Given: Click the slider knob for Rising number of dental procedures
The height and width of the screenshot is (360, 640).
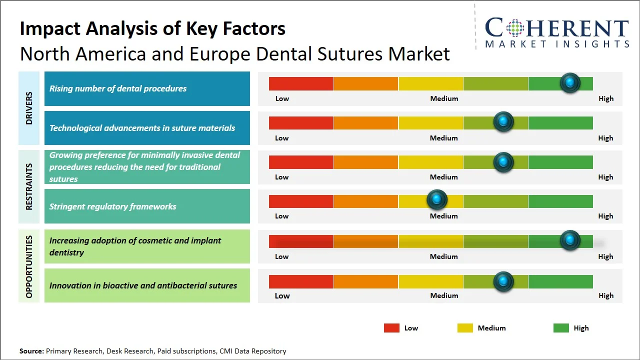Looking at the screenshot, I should pyautogui.click(x=569, y=83).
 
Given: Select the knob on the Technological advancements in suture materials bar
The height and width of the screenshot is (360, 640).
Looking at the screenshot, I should pyautogui.click(x=503, y=122).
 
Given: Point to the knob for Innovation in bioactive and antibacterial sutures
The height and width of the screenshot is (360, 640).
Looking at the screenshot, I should pyautogui.click(x=503, y=282).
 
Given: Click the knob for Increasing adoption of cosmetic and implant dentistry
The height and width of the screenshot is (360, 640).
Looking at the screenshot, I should pyautogui.click(x=569, y=240).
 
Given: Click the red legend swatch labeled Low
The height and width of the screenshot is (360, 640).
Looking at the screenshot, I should pyautogui.click(x=391, y=328).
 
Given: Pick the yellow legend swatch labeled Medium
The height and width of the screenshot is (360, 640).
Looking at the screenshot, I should pyautogui.click(x=465, y=328).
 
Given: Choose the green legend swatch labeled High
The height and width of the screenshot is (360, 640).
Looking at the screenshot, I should pyautogui.click(x=561, y=328).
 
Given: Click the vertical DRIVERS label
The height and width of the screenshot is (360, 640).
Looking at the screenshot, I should pyautogui.click(x=29, y=108).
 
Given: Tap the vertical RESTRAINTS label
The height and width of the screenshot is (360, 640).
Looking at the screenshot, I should pyautogui.click(x=29, y=186).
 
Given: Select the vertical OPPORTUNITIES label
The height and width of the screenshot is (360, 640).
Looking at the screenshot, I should pyautogui.click(x=29, y=266).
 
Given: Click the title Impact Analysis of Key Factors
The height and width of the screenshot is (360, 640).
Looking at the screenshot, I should pyautogui.click(x=152, y=28).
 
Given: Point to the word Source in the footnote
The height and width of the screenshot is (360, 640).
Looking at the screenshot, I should pyautogui.click(x=31, y=351).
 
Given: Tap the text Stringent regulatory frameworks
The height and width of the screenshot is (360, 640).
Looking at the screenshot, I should pyautogui.click(x=112, y=206).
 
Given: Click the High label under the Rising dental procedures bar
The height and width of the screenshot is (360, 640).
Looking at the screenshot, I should pyautogui.click(x=605, y=98).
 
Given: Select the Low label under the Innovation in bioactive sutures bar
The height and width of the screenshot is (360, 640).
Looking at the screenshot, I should pyautogui.click(x=282, y=295).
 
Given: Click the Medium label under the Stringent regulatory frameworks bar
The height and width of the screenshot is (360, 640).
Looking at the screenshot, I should pyautogui.click(x=443, y=216).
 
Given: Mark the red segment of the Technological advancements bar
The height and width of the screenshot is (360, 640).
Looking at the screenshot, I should pyautogui.click(x=301, y=123).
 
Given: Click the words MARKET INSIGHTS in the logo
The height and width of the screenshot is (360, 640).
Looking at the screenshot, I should pyautogui.click(x=557, y=44).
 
